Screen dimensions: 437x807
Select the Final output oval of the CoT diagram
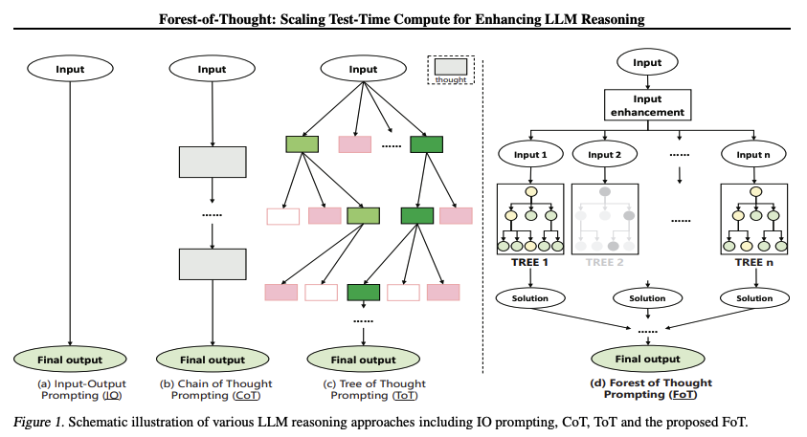click(212, 361)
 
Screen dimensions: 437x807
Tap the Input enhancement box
click(647, 105)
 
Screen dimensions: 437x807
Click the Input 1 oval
click(529, 156)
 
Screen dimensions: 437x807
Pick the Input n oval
click(753, 156)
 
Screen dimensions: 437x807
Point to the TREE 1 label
click(529, 261)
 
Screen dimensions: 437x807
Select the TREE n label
click(753, 261)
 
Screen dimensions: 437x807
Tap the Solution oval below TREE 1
click(529, 298)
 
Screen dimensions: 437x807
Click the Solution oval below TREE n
click(753, 298)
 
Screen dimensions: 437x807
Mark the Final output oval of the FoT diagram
click(646, 360)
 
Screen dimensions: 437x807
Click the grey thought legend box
click(450, 67)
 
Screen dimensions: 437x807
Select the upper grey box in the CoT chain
click(212, 163)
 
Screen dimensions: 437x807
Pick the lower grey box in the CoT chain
click(212, 264)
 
